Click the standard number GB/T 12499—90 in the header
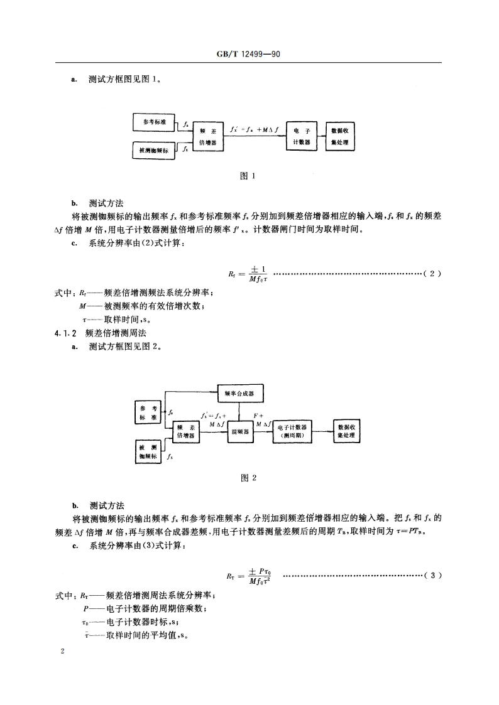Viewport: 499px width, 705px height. pos(249,55)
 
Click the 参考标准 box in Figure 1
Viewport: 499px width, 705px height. pos(155,122)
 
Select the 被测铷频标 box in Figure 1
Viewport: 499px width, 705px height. pos(155,150)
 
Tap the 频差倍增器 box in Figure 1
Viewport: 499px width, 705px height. pos(208,137)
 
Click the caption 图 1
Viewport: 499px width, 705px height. pos(249,176)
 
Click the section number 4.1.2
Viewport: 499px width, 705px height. pos(65,333)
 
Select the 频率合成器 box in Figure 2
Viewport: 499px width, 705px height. pos(239,393)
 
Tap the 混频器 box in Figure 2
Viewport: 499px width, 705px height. pos(239,432)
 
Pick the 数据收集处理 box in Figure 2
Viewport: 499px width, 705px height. pos(351,432)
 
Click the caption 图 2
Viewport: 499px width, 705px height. pos(249,478)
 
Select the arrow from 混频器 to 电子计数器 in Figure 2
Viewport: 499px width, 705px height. pos(262,432)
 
